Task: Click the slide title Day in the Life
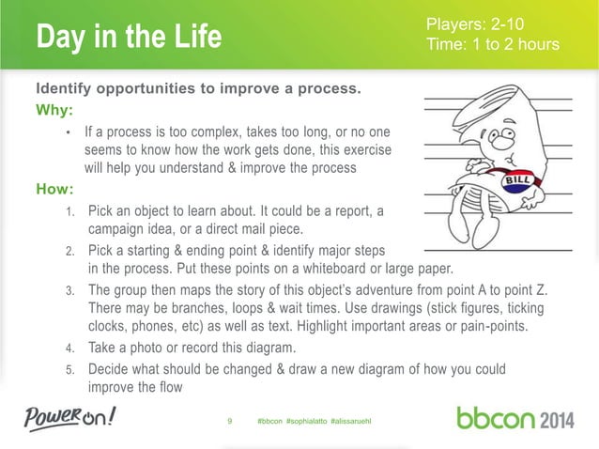tap(129, 38)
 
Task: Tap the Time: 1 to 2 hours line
tap(492, 44)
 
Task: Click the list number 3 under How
tap(69, 291)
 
